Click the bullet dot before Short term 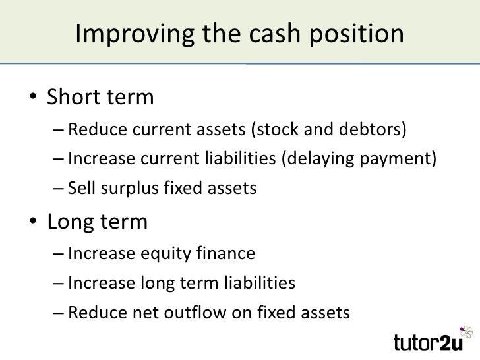(32, 98)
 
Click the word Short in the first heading (73, 98)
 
